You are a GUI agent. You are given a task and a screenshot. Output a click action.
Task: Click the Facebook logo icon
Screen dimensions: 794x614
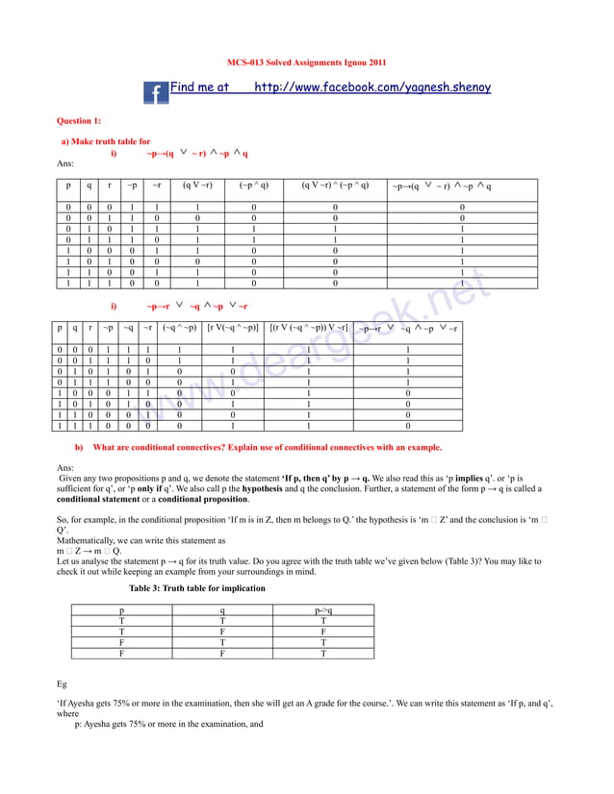(155, 92)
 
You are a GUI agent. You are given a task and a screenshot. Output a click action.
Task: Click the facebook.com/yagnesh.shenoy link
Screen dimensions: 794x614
(372, 87)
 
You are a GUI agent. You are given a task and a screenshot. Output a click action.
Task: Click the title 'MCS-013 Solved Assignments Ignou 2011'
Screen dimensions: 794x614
(306, 62)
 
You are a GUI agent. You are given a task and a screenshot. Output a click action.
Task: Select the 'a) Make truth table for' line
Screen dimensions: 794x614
(106, 141)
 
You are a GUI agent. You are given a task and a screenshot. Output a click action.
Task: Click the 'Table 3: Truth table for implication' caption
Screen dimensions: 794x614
(197, 587)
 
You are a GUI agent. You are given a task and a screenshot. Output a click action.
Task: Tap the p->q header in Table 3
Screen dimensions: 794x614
(323, 609)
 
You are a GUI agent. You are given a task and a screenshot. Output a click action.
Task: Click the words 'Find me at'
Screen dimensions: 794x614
(199, 87)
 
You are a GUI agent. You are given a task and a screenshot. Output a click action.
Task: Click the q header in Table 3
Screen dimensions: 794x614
(222, 609)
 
